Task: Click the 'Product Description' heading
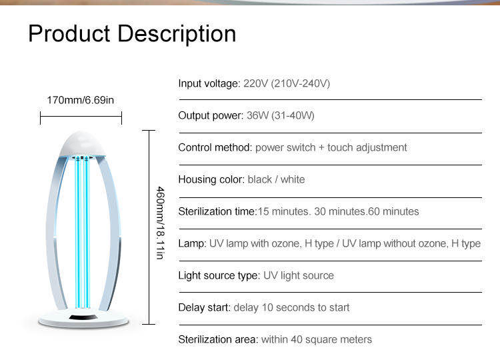pos(132,34)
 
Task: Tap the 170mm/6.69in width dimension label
pos(81,100)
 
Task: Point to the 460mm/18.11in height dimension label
pos(161,223)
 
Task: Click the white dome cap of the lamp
pos(83,144)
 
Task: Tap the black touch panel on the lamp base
pos(83,317)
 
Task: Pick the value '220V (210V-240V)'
pos(287,83)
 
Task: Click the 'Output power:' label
pos(211,115)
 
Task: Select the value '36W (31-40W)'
pos(281,115)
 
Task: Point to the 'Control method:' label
pos(215,147)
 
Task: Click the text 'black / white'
pos(276,179)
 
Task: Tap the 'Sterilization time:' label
pos(217,211)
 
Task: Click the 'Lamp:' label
pos(192,243)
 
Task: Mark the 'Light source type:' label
pos(219,275)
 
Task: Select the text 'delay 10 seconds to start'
pos(291,307)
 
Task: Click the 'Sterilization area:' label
pos(218,339)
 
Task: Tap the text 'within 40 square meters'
pos(317,339)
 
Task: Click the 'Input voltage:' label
pos(209,83)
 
